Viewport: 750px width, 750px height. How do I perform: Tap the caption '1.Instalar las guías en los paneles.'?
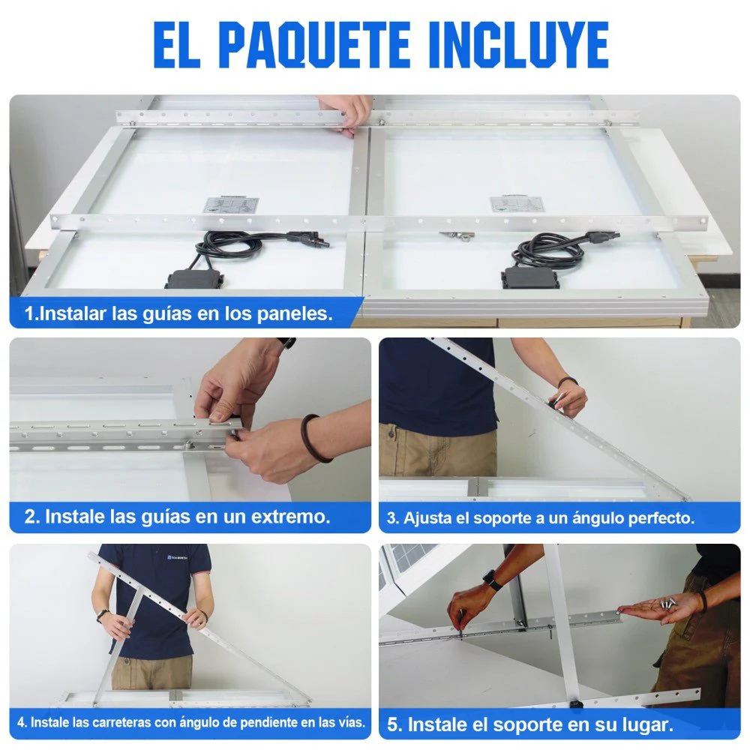click(178, 313)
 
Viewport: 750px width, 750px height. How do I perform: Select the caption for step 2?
click(177, 516)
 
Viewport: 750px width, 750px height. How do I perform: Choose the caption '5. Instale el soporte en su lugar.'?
click(529, 724)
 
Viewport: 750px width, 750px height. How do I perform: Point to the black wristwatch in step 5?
click(490, 579)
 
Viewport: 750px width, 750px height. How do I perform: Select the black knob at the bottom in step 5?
click(577, 704)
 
